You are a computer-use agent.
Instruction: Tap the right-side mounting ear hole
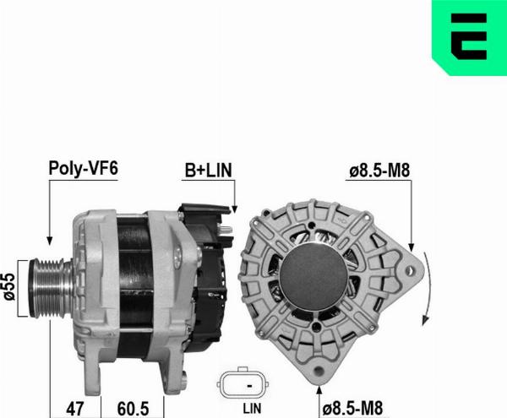412,272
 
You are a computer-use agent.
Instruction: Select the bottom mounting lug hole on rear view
320,371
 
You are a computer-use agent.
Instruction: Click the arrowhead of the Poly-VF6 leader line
48,242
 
